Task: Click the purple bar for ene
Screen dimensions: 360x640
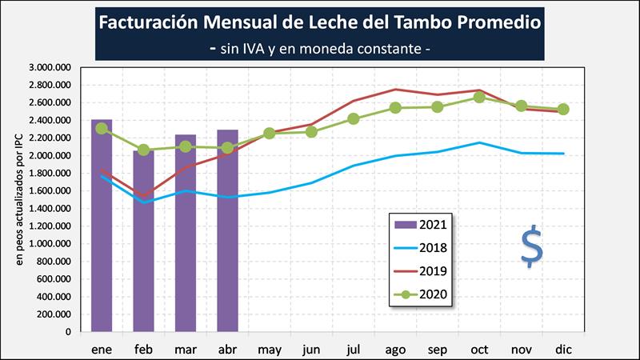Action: (x=102, y=232)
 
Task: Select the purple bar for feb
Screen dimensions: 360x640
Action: (x=143, y=244)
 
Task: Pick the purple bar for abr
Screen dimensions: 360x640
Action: (x=227, y=232)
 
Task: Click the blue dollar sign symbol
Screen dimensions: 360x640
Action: (x=531, y=248)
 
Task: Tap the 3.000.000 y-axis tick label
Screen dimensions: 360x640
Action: (x=50, y=67)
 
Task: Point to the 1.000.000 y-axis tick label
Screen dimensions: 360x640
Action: (x=50, y=243)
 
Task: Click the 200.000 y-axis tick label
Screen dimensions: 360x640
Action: (x=54, y=314)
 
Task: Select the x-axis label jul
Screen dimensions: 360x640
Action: (x=354, y=350)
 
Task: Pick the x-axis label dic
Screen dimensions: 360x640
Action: (x=563, y=350)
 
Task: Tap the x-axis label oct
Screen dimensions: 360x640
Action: (x=479, y=350)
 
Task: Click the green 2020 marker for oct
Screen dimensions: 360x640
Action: (x=479, y=97)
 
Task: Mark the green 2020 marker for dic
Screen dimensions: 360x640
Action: (x=563, y=110)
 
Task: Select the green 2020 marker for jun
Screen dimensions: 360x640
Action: (x=311, y=131)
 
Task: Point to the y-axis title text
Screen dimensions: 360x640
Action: (x=21, y=199)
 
